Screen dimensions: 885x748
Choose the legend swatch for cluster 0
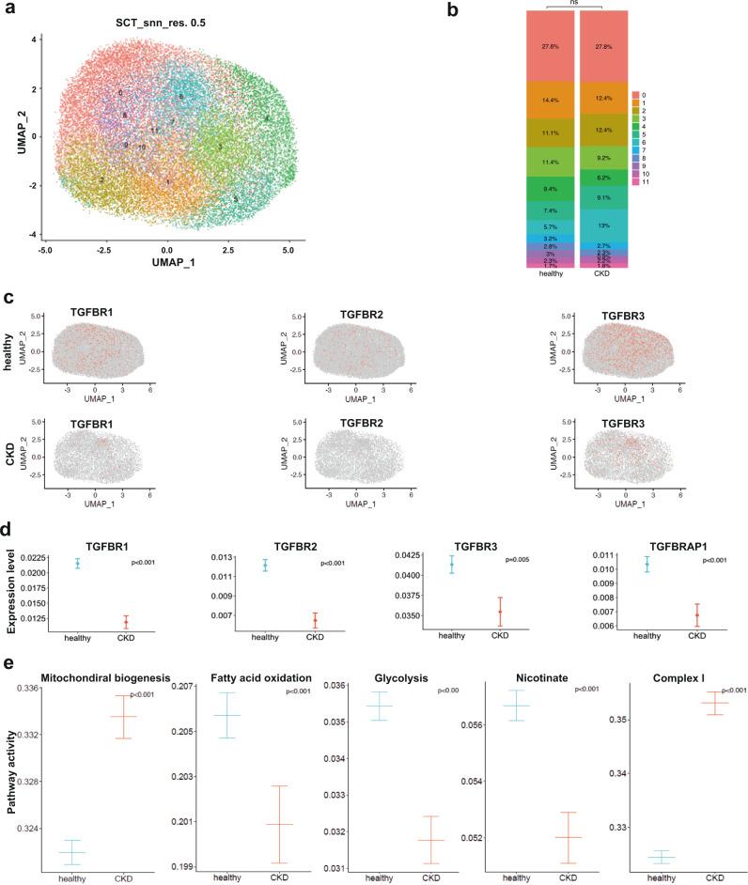point(636,96)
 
